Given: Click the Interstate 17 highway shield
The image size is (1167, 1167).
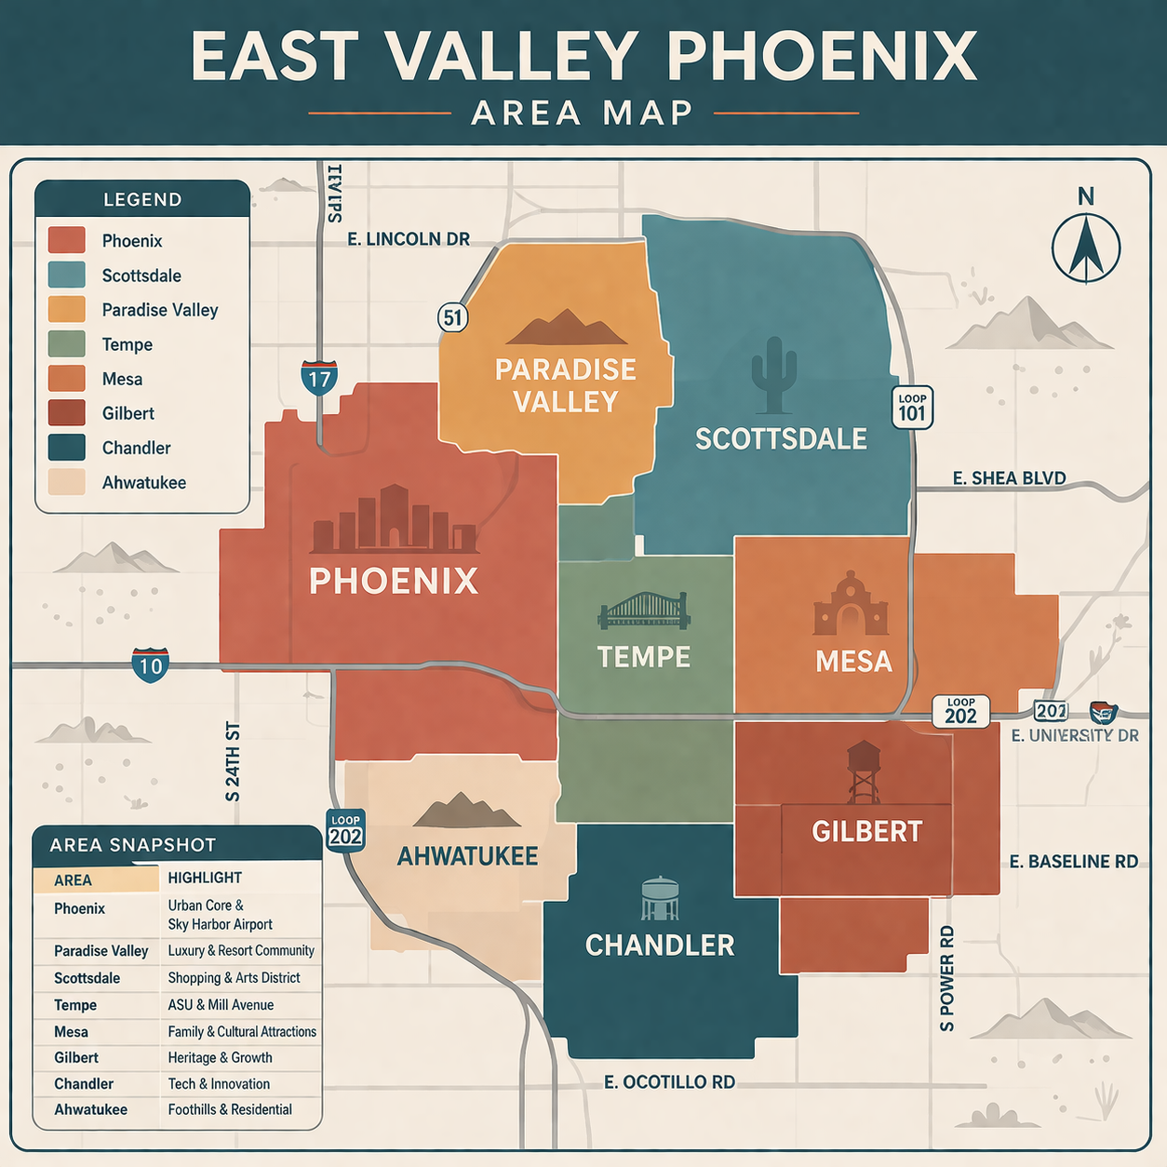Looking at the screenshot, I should [319, 377].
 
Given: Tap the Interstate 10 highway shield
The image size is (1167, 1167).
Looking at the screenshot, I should [150, 665].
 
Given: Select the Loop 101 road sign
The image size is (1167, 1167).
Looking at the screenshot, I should [912, 408].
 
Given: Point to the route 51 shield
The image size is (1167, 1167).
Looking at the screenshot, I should [452, 317].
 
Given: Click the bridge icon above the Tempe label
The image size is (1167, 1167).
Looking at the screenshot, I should [643, 610].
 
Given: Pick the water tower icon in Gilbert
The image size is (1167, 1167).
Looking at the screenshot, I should [863, 771].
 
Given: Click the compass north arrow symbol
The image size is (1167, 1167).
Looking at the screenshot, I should [1086, 248].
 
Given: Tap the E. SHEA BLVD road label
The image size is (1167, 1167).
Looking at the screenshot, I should [1009, 478].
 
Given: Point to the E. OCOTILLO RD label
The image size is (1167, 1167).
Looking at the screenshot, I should [669, 1082].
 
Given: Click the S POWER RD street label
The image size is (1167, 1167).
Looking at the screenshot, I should [947, 978].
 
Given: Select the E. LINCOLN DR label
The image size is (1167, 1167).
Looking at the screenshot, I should [409, 239].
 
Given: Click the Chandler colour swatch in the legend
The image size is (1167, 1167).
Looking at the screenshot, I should [67, 448].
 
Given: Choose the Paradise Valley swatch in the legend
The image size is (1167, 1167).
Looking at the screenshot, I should [67, 310].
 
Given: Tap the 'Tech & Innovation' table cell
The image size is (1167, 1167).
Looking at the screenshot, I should [219, 1084].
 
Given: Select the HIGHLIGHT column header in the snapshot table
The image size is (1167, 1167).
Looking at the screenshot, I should [205, 878].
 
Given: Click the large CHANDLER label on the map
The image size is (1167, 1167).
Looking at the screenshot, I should [660, 946].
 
